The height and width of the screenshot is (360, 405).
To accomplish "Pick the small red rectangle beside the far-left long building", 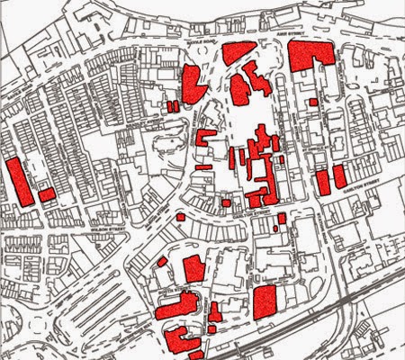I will [46, 194].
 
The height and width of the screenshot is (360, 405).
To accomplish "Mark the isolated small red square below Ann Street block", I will [313, 102].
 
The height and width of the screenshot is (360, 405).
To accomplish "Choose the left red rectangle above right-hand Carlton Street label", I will [322, 183].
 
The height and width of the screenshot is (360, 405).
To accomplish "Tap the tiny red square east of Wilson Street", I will [180, 217].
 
